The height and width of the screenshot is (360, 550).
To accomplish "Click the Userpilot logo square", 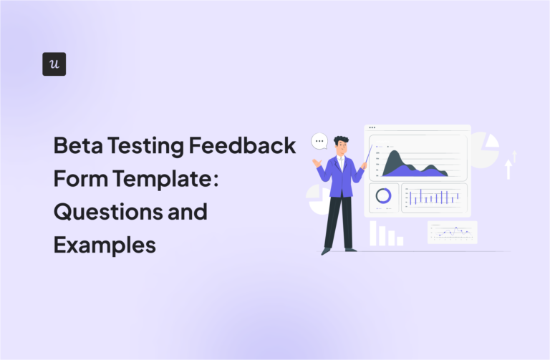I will pos(54,64).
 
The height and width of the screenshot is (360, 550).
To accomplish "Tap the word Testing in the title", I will pos(149,146).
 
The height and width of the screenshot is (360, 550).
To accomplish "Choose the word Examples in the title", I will pos(104,245).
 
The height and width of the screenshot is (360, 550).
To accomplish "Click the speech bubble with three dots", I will pos(319,142).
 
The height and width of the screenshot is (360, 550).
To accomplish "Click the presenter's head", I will pos(341,145).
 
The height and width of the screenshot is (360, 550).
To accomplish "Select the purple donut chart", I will pos(384,195).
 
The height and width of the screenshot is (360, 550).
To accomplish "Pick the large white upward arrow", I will pos(508,168).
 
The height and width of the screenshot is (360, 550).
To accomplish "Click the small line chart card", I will pos(452,232).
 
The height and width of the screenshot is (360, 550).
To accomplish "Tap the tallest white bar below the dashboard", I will pos(373,233).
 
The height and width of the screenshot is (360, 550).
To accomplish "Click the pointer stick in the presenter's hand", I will pos(367,155).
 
